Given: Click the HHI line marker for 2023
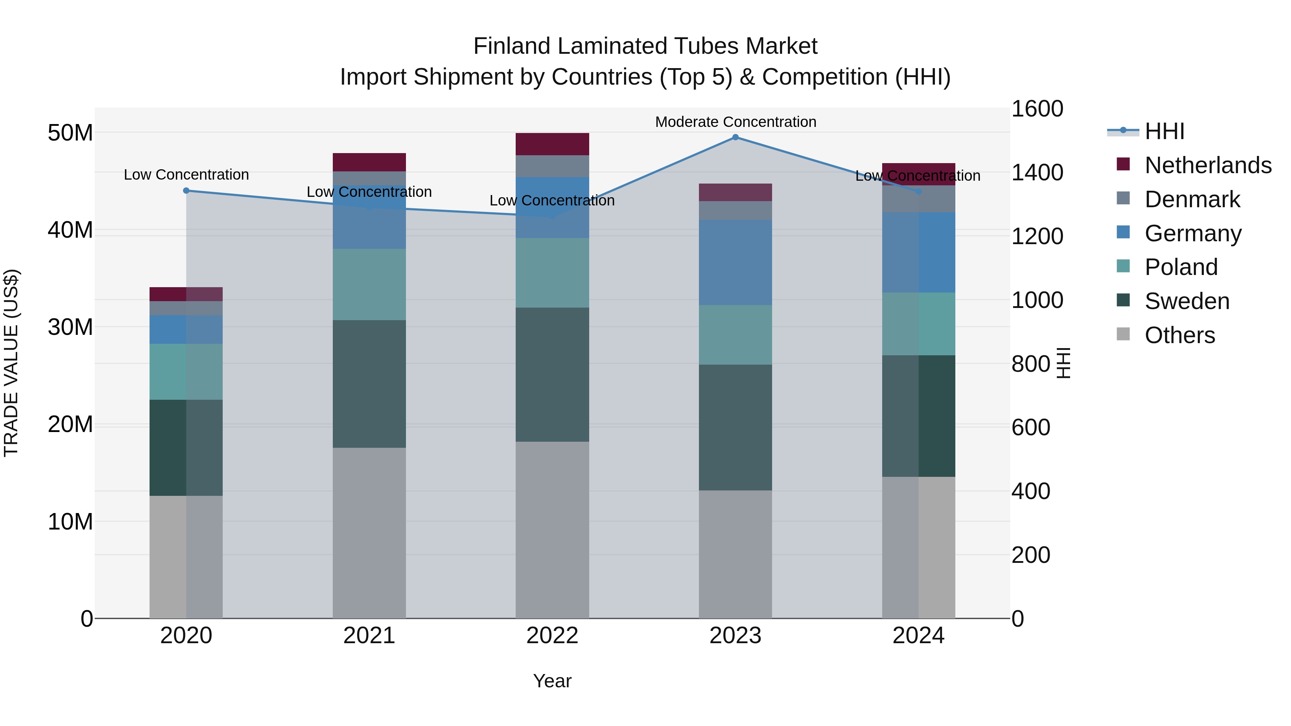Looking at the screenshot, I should (735, 137).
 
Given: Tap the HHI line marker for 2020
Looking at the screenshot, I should (186, 190).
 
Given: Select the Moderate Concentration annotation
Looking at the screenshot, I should (735, 122).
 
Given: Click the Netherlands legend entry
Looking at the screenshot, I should (1208, 165).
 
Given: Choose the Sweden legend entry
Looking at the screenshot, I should (1187, 301).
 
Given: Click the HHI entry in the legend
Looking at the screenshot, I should (1164, 131).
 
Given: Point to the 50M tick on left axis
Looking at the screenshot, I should (70, 133).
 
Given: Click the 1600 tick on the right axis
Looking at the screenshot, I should (1036, 109).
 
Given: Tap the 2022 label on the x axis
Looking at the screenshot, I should (552, 636).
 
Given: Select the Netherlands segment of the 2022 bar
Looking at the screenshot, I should (552, 144).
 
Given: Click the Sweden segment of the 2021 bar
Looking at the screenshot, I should (369, 384).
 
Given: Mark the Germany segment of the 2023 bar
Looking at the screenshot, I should (735, 262).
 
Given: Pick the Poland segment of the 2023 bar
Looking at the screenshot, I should (735, 335).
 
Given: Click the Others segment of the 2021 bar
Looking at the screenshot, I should (369, 533).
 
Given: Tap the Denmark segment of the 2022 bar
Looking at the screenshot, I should (552, 166).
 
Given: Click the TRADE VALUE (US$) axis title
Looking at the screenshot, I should (11, 363).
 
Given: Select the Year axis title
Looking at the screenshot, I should (552, 681).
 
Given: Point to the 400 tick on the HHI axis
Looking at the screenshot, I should (1030, 491).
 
